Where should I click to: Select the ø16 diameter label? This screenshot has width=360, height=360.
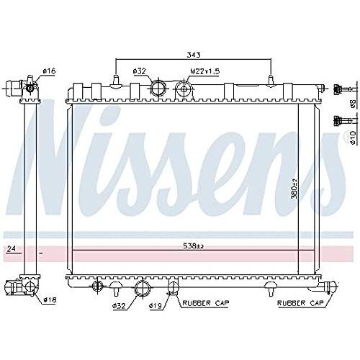49,71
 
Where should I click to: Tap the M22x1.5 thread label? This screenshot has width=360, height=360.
204,71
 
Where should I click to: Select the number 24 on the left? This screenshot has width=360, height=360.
10,250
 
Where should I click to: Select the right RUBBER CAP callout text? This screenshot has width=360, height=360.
303,304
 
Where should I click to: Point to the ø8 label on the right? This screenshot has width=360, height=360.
353,102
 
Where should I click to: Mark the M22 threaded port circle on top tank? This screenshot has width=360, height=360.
184,90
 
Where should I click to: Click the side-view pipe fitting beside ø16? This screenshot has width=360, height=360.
29,86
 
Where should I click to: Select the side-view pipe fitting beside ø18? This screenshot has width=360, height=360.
29,288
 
